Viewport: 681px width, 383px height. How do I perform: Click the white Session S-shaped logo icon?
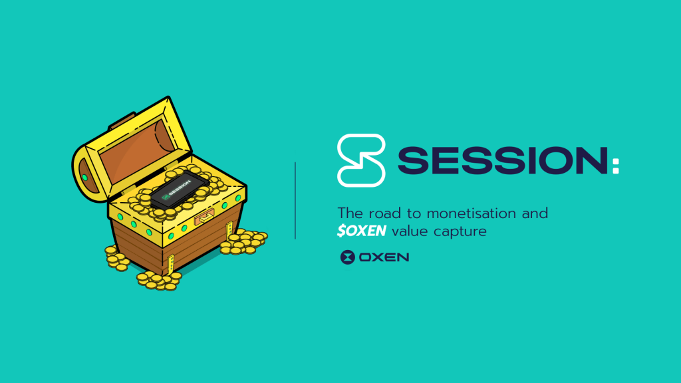tap(361, 160)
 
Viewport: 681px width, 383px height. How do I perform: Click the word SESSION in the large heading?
tap(503, 161)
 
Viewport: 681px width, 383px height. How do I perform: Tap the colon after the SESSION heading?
tap(615, 166)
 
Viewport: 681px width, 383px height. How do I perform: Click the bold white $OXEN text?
tap(361, 231)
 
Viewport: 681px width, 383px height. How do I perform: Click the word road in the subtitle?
tap(385, 213)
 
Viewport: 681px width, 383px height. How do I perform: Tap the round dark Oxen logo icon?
tap(347, 257)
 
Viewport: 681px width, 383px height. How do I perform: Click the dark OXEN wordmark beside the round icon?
tap(384, 257)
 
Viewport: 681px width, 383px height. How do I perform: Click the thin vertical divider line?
tap(295, 201)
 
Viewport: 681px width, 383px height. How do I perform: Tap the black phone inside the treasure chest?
tap(176, 190)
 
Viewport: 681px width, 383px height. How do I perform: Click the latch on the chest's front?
tap(205, 216)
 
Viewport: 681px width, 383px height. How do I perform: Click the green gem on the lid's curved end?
tap(84, 177)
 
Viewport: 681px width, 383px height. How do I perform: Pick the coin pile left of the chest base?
tap(116, 258)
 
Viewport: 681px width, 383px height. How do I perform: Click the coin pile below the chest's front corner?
tap(158, 280)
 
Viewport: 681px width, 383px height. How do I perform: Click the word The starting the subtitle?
tap(350, 213)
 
